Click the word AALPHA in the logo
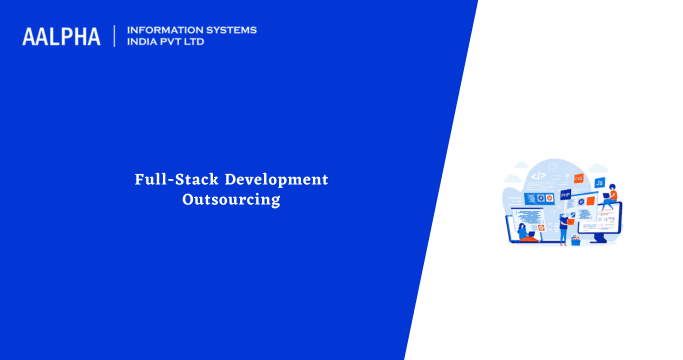61,37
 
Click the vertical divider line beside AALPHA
115,37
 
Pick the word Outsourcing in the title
231,199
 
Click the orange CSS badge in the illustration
578,178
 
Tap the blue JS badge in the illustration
599,184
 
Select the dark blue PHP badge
566,194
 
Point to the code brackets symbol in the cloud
538,176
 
